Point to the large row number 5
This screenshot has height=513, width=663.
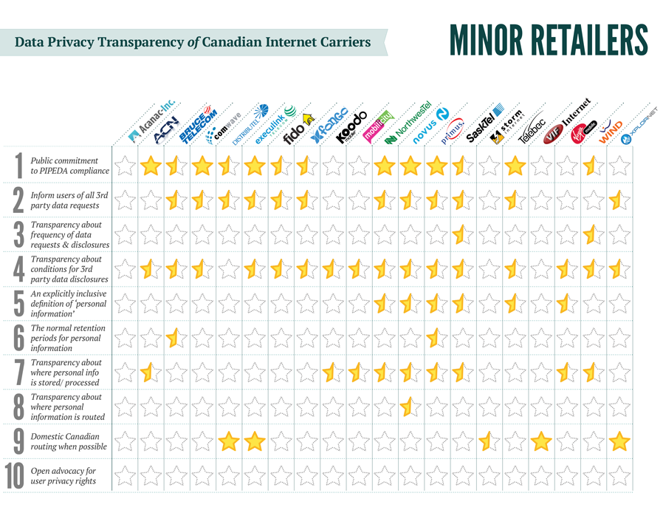pos(16,304)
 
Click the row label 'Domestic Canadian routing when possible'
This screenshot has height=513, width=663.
pos(69,441)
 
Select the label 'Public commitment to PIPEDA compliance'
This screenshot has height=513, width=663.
pos(69,166)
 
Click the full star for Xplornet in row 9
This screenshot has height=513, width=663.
pos(619,442)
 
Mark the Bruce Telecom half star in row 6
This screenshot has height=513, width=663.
pos(175,339)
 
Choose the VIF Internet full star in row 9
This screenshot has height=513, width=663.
pos(541,442)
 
